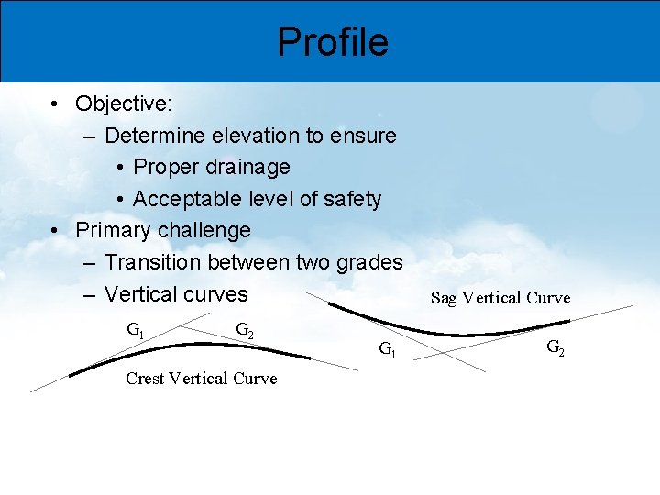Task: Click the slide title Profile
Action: tap(333, 41)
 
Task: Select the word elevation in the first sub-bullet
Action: tap(255, 136)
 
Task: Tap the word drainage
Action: tap(248, 167)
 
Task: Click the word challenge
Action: tap(203, 230)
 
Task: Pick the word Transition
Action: tap(155, 262)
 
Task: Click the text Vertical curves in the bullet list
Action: tap(176, 294)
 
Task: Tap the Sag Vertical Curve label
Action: tap(500, 298)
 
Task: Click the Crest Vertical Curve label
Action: tap(201, 379)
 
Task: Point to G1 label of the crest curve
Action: tap(135, 329)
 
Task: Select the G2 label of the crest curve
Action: tap(246, 329)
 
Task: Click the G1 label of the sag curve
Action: tap(388, 348)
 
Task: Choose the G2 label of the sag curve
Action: tap(555, 346)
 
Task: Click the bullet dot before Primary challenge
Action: tap(57, 231)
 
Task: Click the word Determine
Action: tap(155, 136)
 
